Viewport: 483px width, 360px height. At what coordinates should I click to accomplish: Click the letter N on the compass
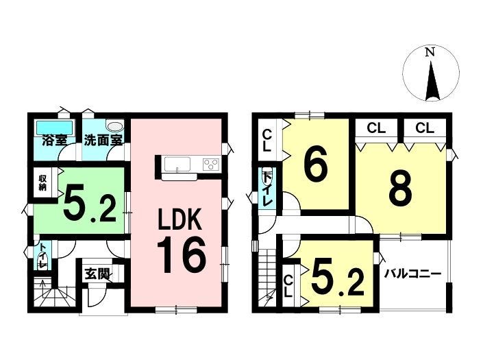point(430,52)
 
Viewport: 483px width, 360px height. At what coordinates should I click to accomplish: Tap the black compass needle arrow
point(432,81)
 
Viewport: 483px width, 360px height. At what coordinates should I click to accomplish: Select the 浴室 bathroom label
point(55,141)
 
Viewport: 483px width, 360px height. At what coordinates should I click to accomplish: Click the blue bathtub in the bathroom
point(55,128)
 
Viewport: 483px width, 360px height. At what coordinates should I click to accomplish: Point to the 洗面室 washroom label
point(103,141)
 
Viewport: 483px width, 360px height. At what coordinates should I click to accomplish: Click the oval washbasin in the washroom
point(114,126)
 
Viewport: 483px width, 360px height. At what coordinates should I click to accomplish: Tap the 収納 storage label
point(42,183)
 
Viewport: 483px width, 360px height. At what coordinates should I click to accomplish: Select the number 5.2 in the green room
point(90,204)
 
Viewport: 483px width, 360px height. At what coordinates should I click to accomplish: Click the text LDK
point(180,219)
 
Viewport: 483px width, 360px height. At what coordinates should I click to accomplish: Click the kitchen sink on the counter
point(177,164)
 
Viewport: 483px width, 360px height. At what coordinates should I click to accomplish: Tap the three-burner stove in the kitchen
point(211,164)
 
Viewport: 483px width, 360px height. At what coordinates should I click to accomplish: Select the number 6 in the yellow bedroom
point(315,166)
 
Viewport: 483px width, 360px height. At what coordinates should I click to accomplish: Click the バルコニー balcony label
point(412,274)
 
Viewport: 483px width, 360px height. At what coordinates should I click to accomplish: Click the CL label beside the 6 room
point(267,141)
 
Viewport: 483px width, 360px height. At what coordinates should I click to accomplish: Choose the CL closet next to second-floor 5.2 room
point(288,286)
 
